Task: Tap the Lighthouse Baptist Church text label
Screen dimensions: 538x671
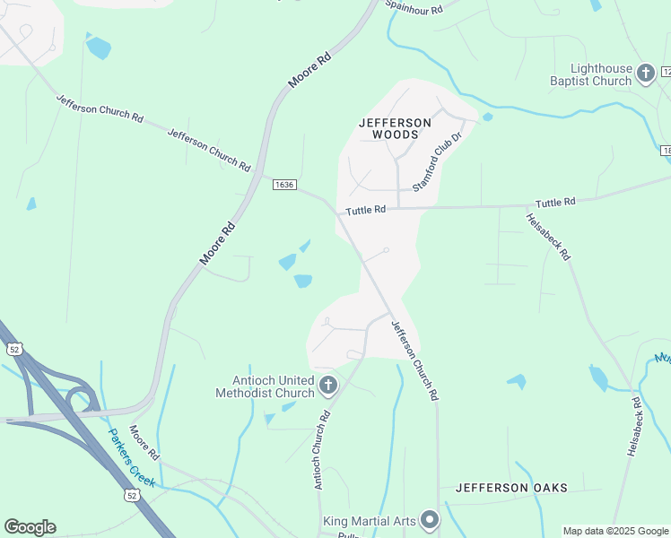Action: tap(591, 74)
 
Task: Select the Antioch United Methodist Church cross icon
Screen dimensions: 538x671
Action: tap(328, 386)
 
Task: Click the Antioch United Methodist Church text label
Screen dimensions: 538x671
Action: tap(265, 386)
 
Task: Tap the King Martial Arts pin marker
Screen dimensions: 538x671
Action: tap(430, 520)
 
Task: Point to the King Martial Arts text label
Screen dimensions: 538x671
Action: tap(370, 521)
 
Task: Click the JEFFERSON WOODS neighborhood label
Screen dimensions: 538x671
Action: tap(395, 128)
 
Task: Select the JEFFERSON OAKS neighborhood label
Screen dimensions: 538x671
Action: tap(511, 488)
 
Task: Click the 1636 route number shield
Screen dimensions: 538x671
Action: tap(284, 184)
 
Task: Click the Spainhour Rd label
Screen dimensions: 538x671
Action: tap(414, 6)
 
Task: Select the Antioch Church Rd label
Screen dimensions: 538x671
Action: tap(323, 450)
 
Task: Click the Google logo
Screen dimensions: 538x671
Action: tap(30, 527)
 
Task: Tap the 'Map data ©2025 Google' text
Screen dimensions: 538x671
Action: tap(615, 531)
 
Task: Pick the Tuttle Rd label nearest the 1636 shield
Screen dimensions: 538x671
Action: tap(365, 210)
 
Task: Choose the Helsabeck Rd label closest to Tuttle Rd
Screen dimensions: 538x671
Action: tap(547, 237)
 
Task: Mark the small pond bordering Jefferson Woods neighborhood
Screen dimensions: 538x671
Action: tap(487, 117)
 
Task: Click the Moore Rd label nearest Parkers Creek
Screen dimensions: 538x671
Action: tap(144, 443)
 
